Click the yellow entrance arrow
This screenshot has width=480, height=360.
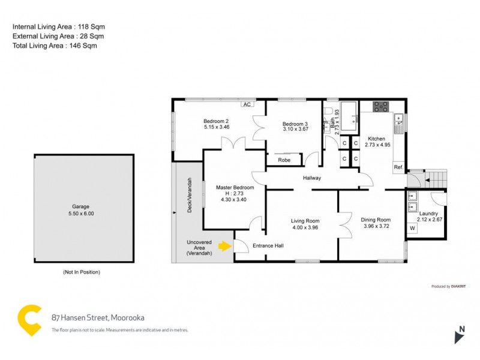[224, 245]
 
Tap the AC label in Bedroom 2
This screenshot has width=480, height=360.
[246, 104]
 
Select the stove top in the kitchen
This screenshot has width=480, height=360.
[380, 107]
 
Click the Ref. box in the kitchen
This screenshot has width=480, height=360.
[398, 167]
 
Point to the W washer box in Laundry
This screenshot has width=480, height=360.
[412, 228]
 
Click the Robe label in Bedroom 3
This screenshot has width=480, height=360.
[284, 160]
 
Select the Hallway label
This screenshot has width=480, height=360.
[312, 178]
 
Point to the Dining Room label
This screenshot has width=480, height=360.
[376, 220]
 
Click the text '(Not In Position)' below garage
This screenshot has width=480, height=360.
[82, 272]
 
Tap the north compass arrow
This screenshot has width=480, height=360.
[459, 335]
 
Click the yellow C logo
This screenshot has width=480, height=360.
[29, 320]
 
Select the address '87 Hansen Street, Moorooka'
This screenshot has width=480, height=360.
[98, 317]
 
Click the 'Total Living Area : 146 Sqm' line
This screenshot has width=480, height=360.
[55, 46]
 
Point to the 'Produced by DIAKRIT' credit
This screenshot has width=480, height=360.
[449, 286]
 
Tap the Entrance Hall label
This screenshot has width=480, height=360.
[268, 245]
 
